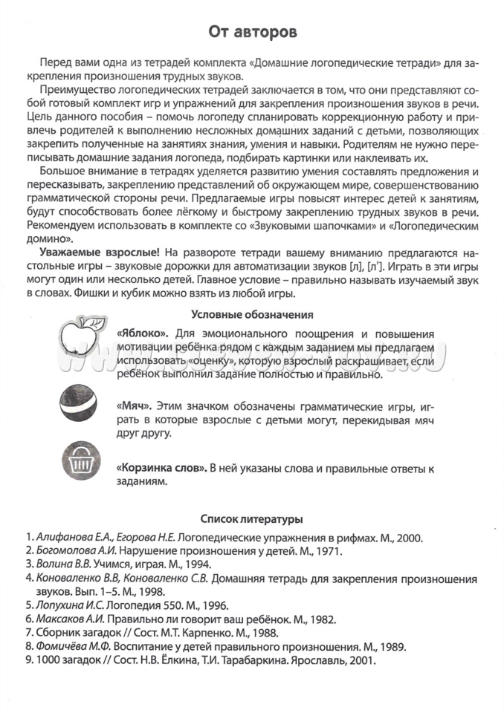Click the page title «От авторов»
point(252,33)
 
